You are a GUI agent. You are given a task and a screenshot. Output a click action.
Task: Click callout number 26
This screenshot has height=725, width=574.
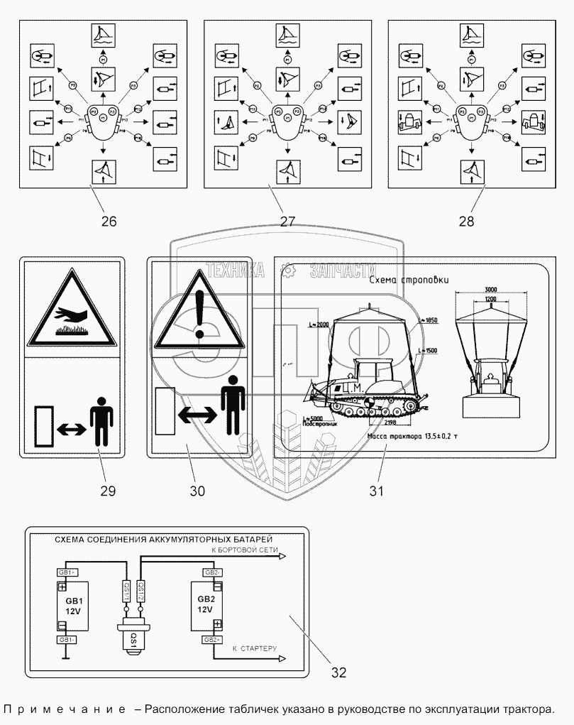[x=108, y=221]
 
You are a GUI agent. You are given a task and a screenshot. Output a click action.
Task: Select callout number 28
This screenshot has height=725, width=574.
[x=465, y=221]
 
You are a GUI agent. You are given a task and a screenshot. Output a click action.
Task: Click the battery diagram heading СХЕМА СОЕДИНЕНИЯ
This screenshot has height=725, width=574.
[x=164, y=540]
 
